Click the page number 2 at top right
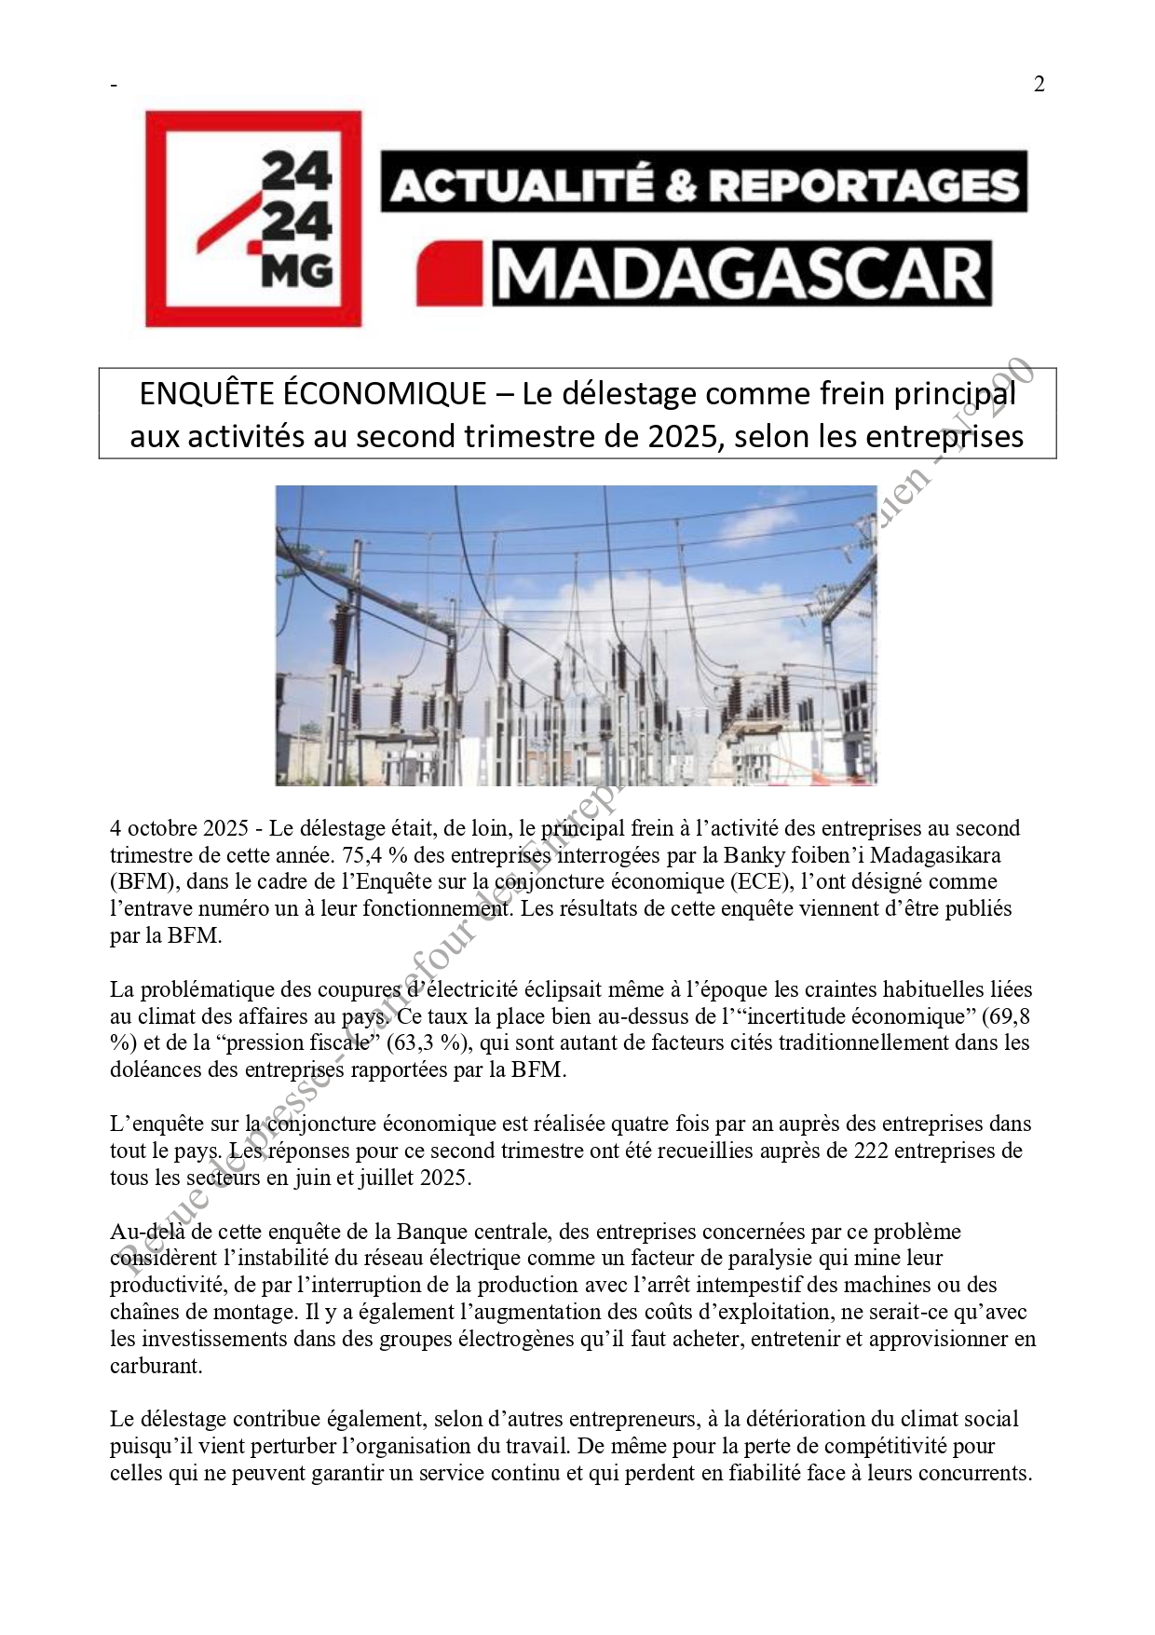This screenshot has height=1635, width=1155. click(1039, 84)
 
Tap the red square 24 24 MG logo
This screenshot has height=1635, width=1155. click(253, 219)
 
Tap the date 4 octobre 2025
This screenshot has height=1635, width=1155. click(179, 828)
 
